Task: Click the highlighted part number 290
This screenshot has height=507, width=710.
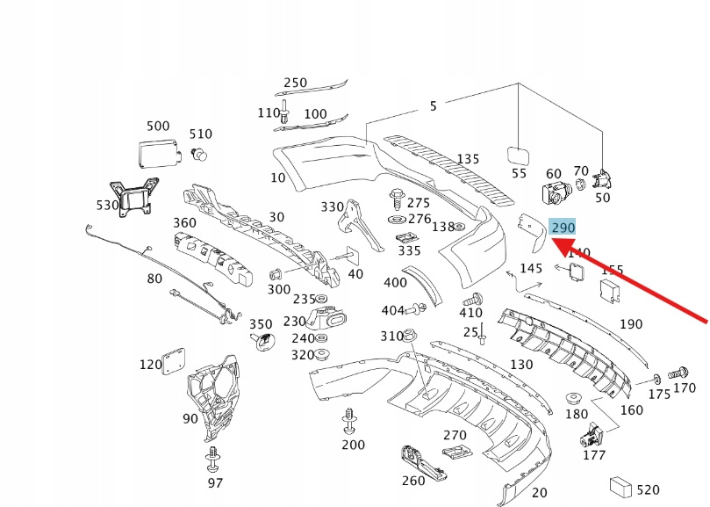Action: [x=563, y=228]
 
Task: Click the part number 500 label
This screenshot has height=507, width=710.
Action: [x=158, y=127]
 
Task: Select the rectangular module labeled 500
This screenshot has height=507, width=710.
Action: [x=155, y=153]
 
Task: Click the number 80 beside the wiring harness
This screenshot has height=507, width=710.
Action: [x=154, y=279]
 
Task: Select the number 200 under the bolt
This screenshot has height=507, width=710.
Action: [x=353, y=445]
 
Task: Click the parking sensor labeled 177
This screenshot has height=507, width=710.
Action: [x=593, y=434]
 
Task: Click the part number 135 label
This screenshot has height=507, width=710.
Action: [x=468, y=159]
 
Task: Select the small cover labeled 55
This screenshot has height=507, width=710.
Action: [x=520, y=155]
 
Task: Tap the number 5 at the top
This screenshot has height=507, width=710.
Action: [x=433, y=106]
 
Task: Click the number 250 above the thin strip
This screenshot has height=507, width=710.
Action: [x=295, y=83]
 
